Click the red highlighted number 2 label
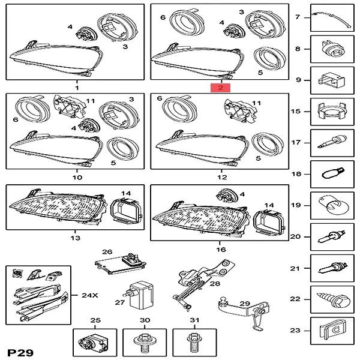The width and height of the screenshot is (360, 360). [x=220, y=88]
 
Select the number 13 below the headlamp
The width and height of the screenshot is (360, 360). [x=75, y=238]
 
